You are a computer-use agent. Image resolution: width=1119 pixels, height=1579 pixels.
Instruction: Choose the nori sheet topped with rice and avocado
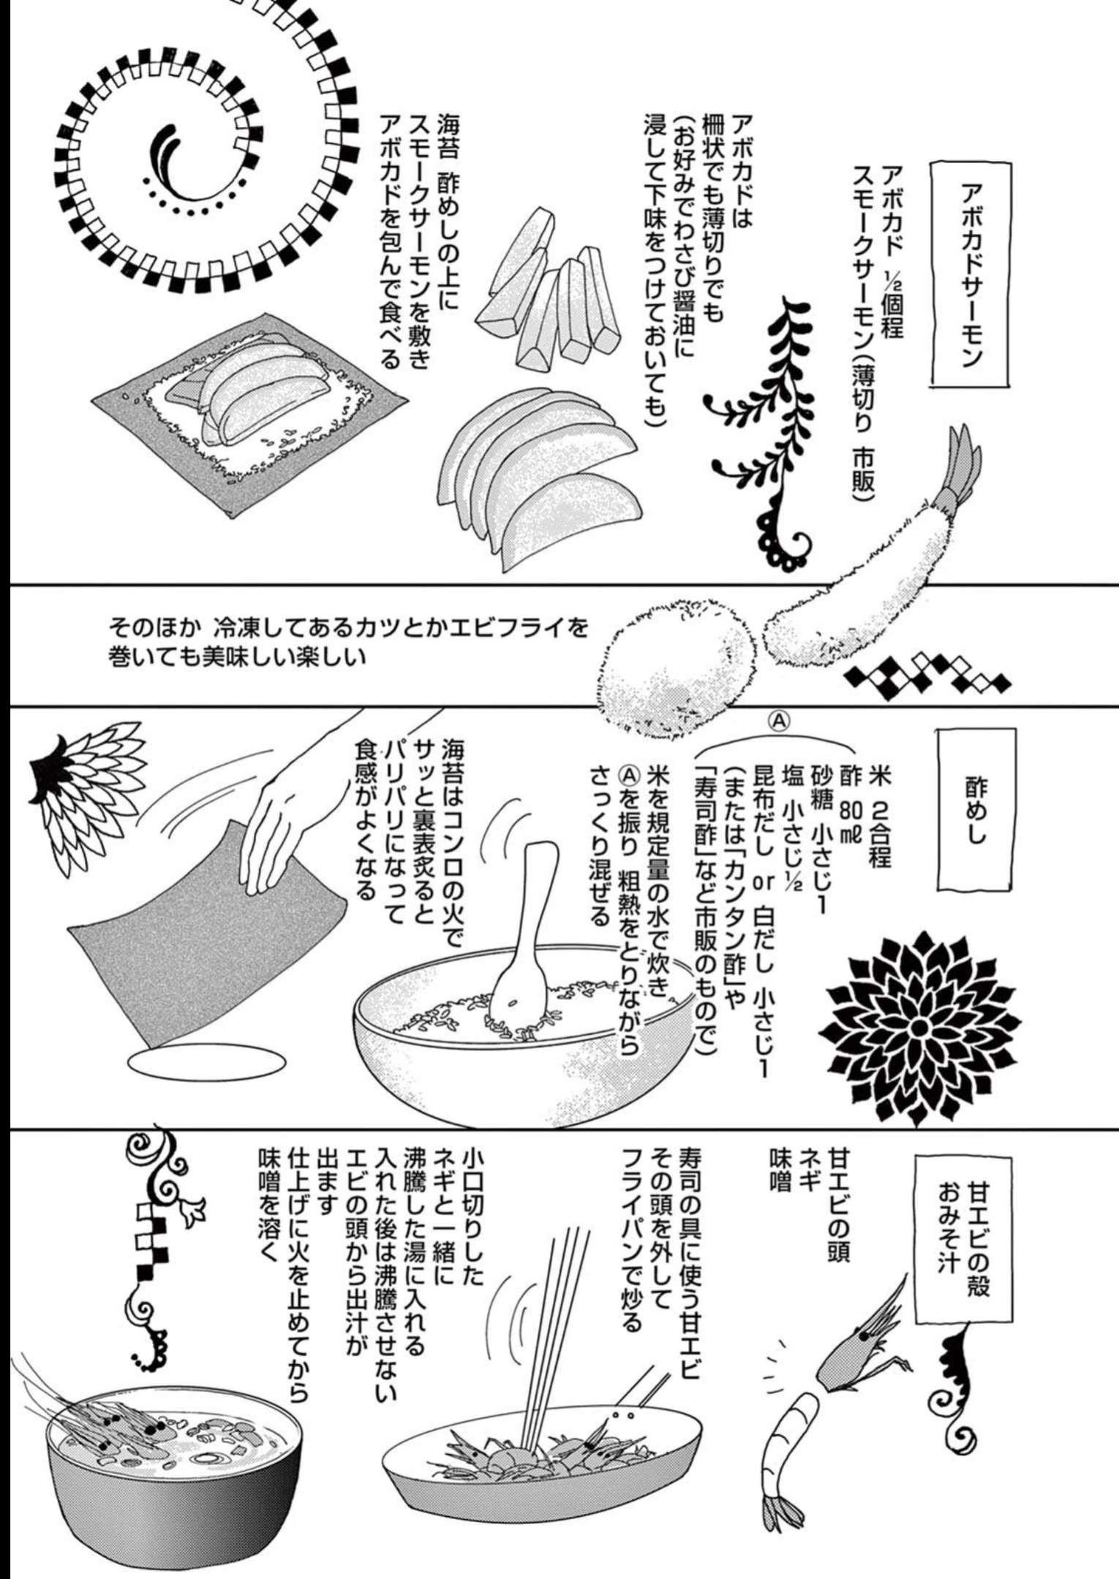249,409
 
